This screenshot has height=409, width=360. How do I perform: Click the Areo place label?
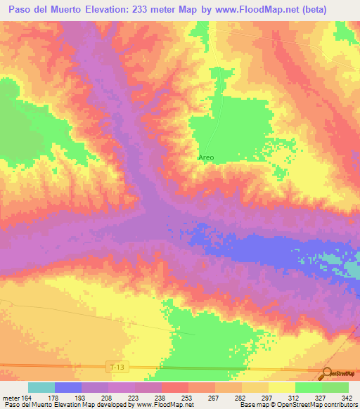coord(206,157)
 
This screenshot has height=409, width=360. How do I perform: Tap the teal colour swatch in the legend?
coord(41,387)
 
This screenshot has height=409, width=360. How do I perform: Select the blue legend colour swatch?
coord(68,387)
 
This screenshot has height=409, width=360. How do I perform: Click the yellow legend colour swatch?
coord(282,387)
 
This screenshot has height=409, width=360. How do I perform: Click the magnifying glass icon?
coord(327,373)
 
